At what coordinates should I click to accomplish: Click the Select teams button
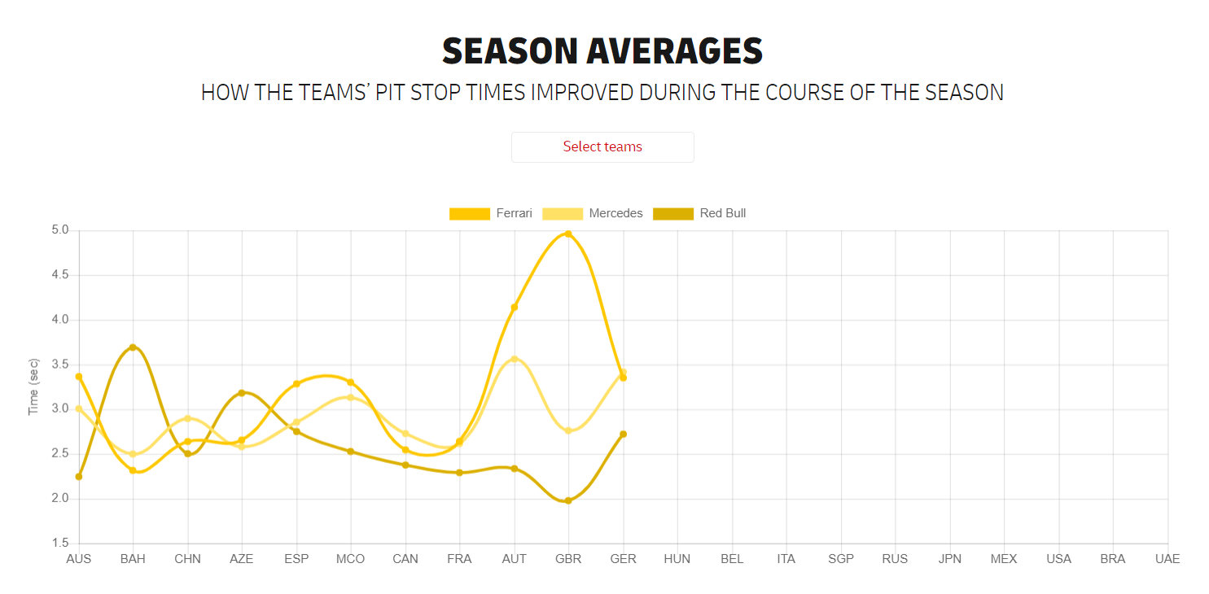(x=602, y=147)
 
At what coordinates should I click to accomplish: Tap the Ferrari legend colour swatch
(x=470, y=213)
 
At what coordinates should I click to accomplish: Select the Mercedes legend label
(x=615, y=213)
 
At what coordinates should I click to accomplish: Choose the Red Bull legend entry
(x=722, y=213)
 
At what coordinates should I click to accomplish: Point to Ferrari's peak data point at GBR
(x=568, y=234)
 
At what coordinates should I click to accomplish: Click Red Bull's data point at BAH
(x=133, y=347)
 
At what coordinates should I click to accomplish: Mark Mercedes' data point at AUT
(x=514, y=359)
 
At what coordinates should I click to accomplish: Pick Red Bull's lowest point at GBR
(x=568, y=500)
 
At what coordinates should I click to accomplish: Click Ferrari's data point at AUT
(x=514, y=307)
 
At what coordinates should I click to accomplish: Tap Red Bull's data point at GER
(x=623, y=434)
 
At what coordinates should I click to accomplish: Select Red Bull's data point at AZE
(x=242, y=393)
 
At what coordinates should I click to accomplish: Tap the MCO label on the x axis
(x=351, y=559)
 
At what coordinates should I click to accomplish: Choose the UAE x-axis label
(x=1167, y=559)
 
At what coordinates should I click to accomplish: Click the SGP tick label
(x=841, y=559)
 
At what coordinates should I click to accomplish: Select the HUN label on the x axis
(x=677, y=559)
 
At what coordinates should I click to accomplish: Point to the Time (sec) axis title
(x=34, y=387)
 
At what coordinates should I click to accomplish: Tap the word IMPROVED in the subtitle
(x=581, y=93)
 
